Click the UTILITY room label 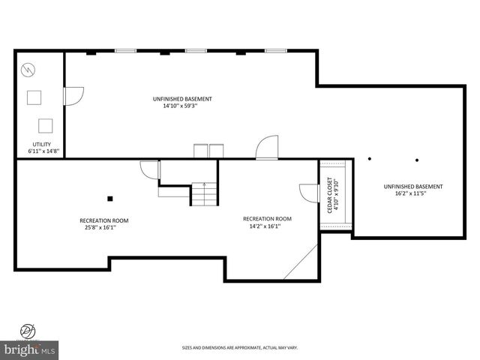[x=40, y=144]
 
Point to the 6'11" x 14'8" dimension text [x=40, y=151]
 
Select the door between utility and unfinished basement [x=73, y=96]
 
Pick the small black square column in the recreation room [x=110, y=198]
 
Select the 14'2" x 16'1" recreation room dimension [x=267, y=226]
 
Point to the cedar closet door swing [x=307, y=193]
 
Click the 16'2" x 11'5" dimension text [x=412, y=193]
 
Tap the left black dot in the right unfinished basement [x=369, y=159]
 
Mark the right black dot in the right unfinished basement [x=416, y=159]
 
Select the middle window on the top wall [x=196, y=51]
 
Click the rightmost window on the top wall [x=276, y=51]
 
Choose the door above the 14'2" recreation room [x=267, y=147]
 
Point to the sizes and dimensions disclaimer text [x=239, y=347]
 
